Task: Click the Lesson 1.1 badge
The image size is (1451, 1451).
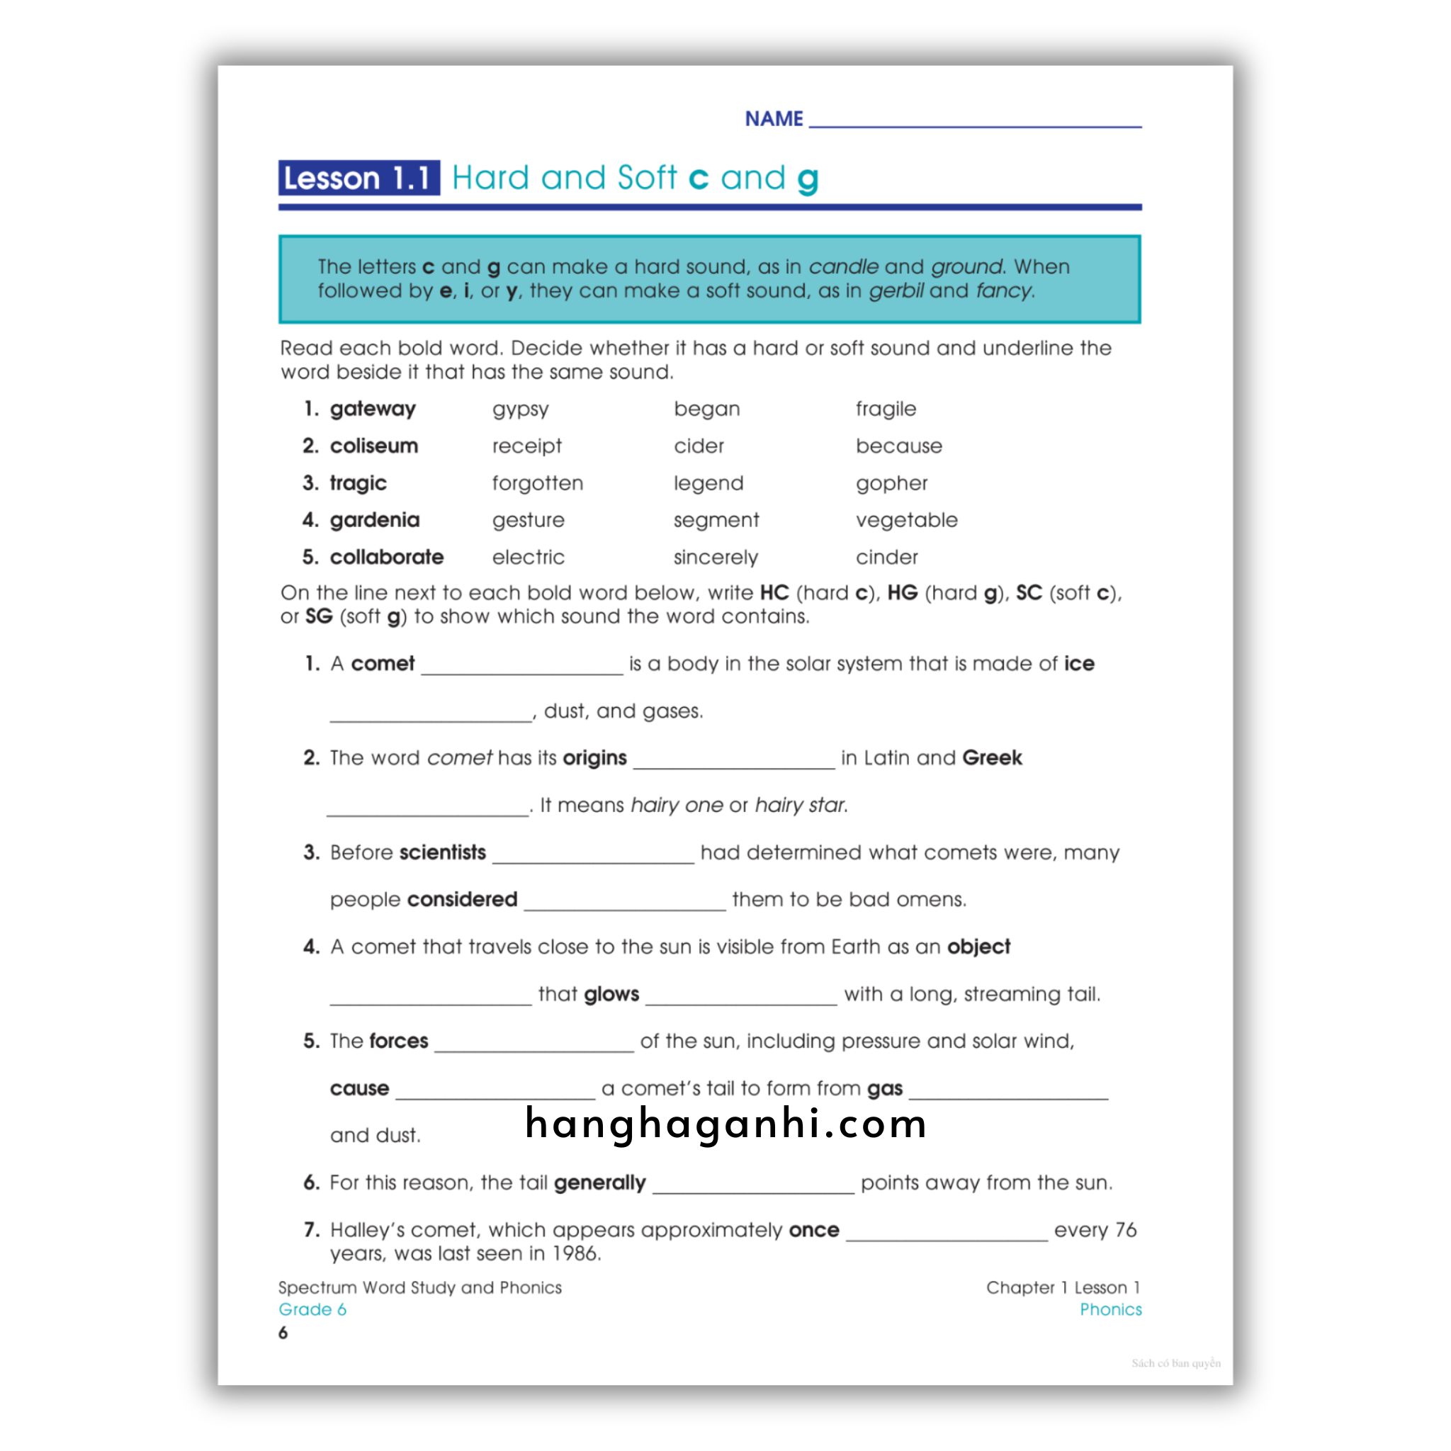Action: click(358, 178)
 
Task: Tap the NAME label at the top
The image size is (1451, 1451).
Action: click(774, 118)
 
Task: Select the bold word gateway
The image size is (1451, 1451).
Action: click(373, 409)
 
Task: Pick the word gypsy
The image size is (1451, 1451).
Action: click(521, 410)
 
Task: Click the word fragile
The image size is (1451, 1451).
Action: click(886, 409)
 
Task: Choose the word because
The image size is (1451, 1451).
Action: click(898, 446)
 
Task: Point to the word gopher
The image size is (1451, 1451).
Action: click(891, 483)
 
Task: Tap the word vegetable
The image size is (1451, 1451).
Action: click(906, 520)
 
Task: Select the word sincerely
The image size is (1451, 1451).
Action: click(716, 558)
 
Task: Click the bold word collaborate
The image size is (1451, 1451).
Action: click(387, 558)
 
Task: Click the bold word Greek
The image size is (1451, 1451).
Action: click(991, 757)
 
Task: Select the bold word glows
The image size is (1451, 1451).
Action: click(611, 993)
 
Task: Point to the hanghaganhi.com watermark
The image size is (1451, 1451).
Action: click(725, 1124)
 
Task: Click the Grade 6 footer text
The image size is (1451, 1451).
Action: click(312, 1309)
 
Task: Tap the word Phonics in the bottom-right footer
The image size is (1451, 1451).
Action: click(1110, 1309)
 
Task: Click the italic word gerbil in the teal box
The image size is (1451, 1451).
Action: click(896, 290)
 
